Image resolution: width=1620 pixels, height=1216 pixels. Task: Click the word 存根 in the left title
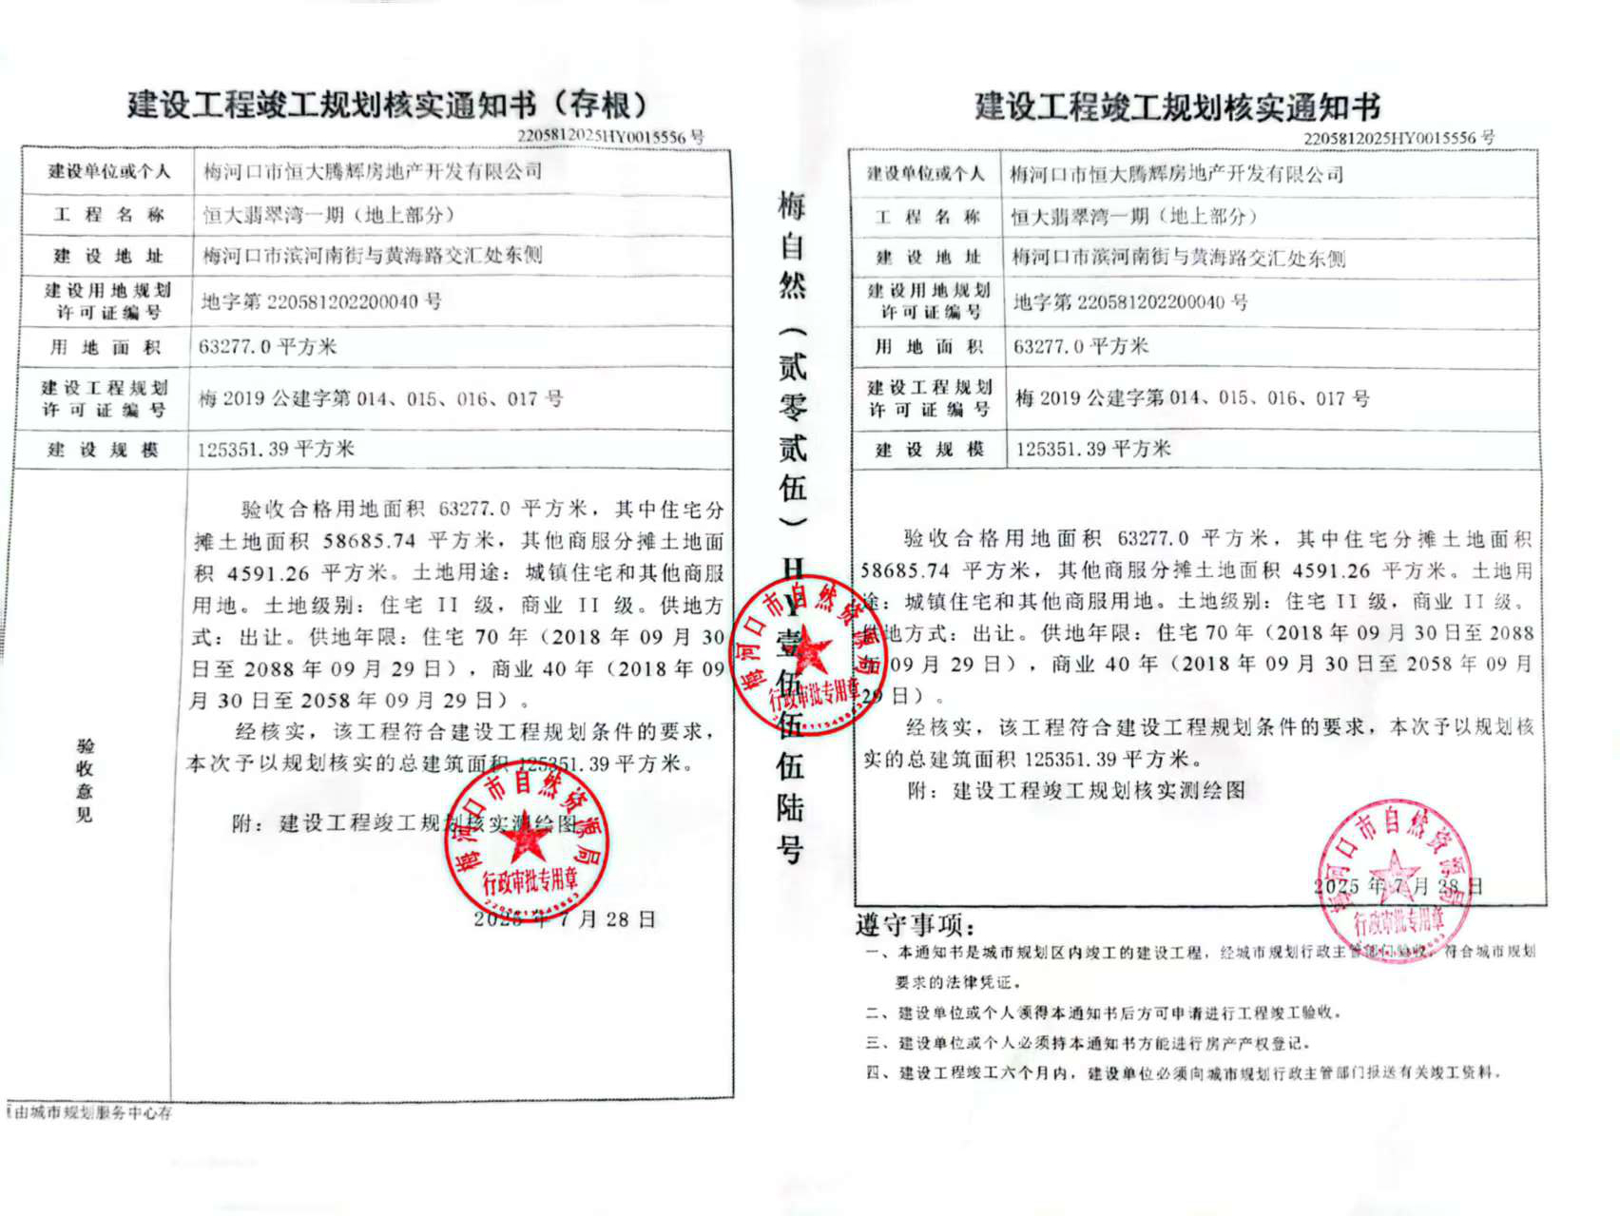pos(600,104)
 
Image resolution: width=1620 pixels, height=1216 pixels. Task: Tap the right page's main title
pos(1176,106)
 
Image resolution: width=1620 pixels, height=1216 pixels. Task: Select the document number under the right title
pos(1398,138)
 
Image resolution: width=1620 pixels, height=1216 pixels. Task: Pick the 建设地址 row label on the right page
pos(928,258)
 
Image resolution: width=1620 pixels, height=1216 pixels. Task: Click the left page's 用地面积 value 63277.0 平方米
pos(267,346)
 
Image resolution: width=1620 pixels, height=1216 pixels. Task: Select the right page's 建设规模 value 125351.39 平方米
pos(1093,449)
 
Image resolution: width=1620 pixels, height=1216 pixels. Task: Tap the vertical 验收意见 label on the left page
pos(85,780)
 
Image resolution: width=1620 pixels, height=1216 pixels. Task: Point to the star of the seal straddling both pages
pos(808,653)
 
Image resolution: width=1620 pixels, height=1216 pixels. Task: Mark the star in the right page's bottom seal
pos(1394,873)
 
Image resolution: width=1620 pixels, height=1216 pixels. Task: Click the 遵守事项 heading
pos(914,924)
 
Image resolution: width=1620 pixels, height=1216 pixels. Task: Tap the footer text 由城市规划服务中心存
pos(91,1112)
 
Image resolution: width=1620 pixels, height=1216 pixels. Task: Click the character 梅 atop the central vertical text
pos(792,205)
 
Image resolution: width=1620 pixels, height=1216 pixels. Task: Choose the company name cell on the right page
pos(1176,174)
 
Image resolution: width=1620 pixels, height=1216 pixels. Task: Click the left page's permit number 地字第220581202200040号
pos(321,302)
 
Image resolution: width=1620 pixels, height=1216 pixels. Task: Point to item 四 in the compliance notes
pos(1183,1073)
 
